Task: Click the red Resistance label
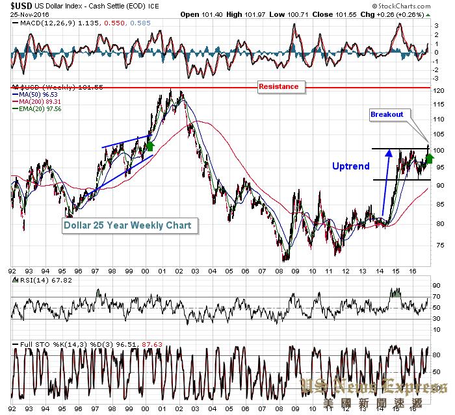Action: click(278, 86)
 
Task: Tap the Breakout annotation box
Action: click(387, 114)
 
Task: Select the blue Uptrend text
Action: click(351, 166)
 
